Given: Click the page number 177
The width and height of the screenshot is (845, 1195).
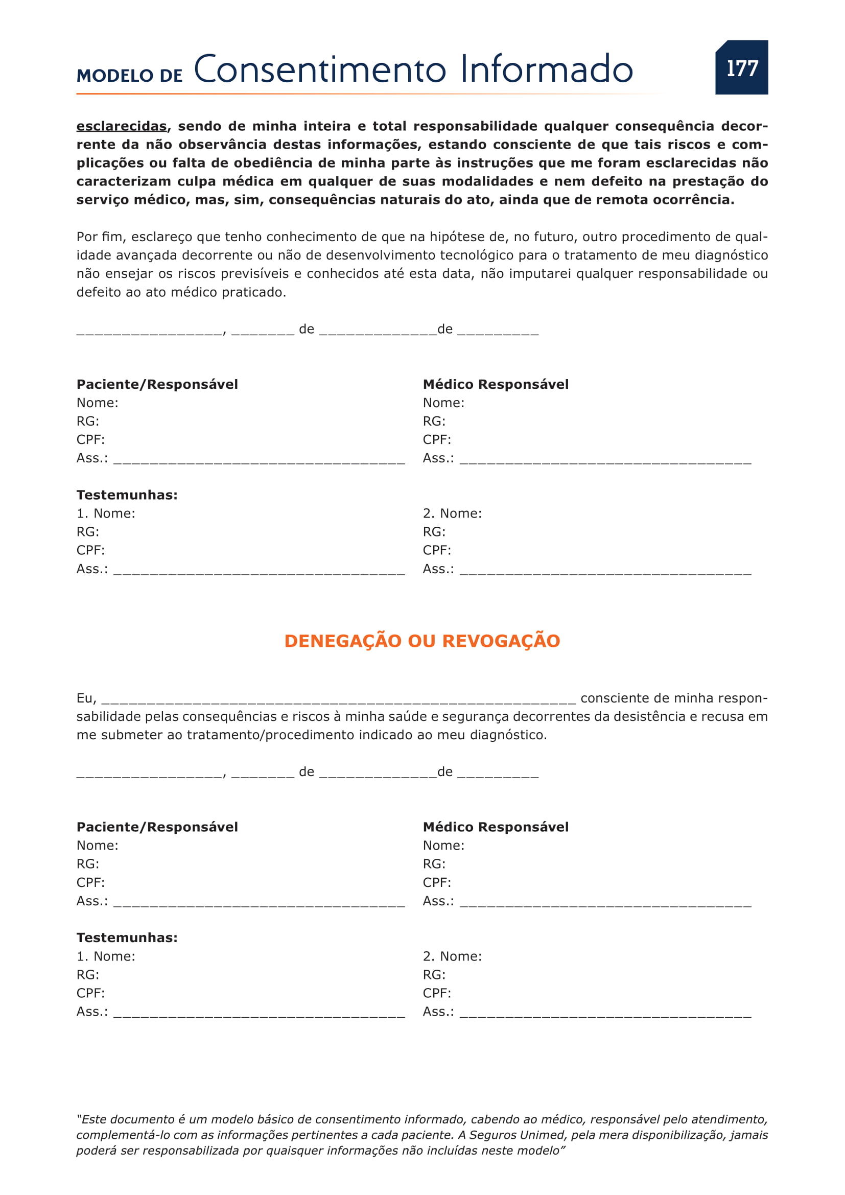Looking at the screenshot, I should pos(742,68).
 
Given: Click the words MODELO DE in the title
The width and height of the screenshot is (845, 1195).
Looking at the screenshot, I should pos(130,76).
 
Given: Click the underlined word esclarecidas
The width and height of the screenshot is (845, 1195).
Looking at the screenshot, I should pos(121,126).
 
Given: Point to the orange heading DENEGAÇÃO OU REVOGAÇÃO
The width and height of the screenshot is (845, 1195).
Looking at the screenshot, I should pos(422,641).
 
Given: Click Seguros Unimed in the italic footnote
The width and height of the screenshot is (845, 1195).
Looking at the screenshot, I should pos(507,1135).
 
